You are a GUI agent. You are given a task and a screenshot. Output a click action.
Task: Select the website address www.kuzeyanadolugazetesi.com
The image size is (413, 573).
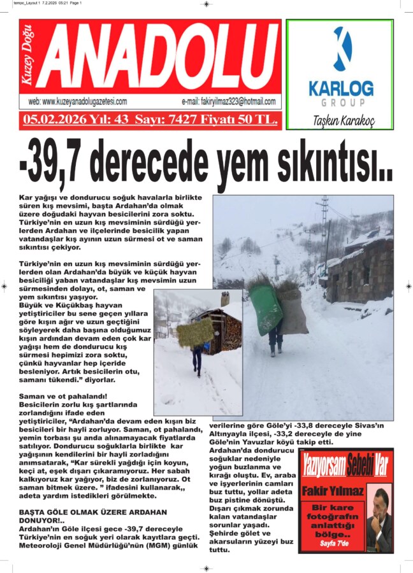pyautogui.click(x=78, y=102)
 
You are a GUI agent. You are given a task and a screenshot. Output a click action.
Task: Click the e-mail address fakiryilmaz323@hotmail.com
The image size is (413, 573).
pyautogui.click(x=228, y=102)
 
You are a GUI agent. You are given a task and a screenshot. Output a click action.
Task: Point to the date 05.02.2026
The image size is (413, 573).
pyautogui.click(x=47, y=119)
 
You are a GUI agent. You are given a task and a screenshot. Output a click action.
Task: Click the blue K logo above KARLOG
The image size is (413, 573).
pyautogui.click(x=341, y=49)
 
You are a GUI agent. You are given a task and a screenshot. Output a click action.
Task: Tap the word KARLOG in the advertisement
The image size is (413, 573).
pyautogui.click(x=341, y=88)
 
